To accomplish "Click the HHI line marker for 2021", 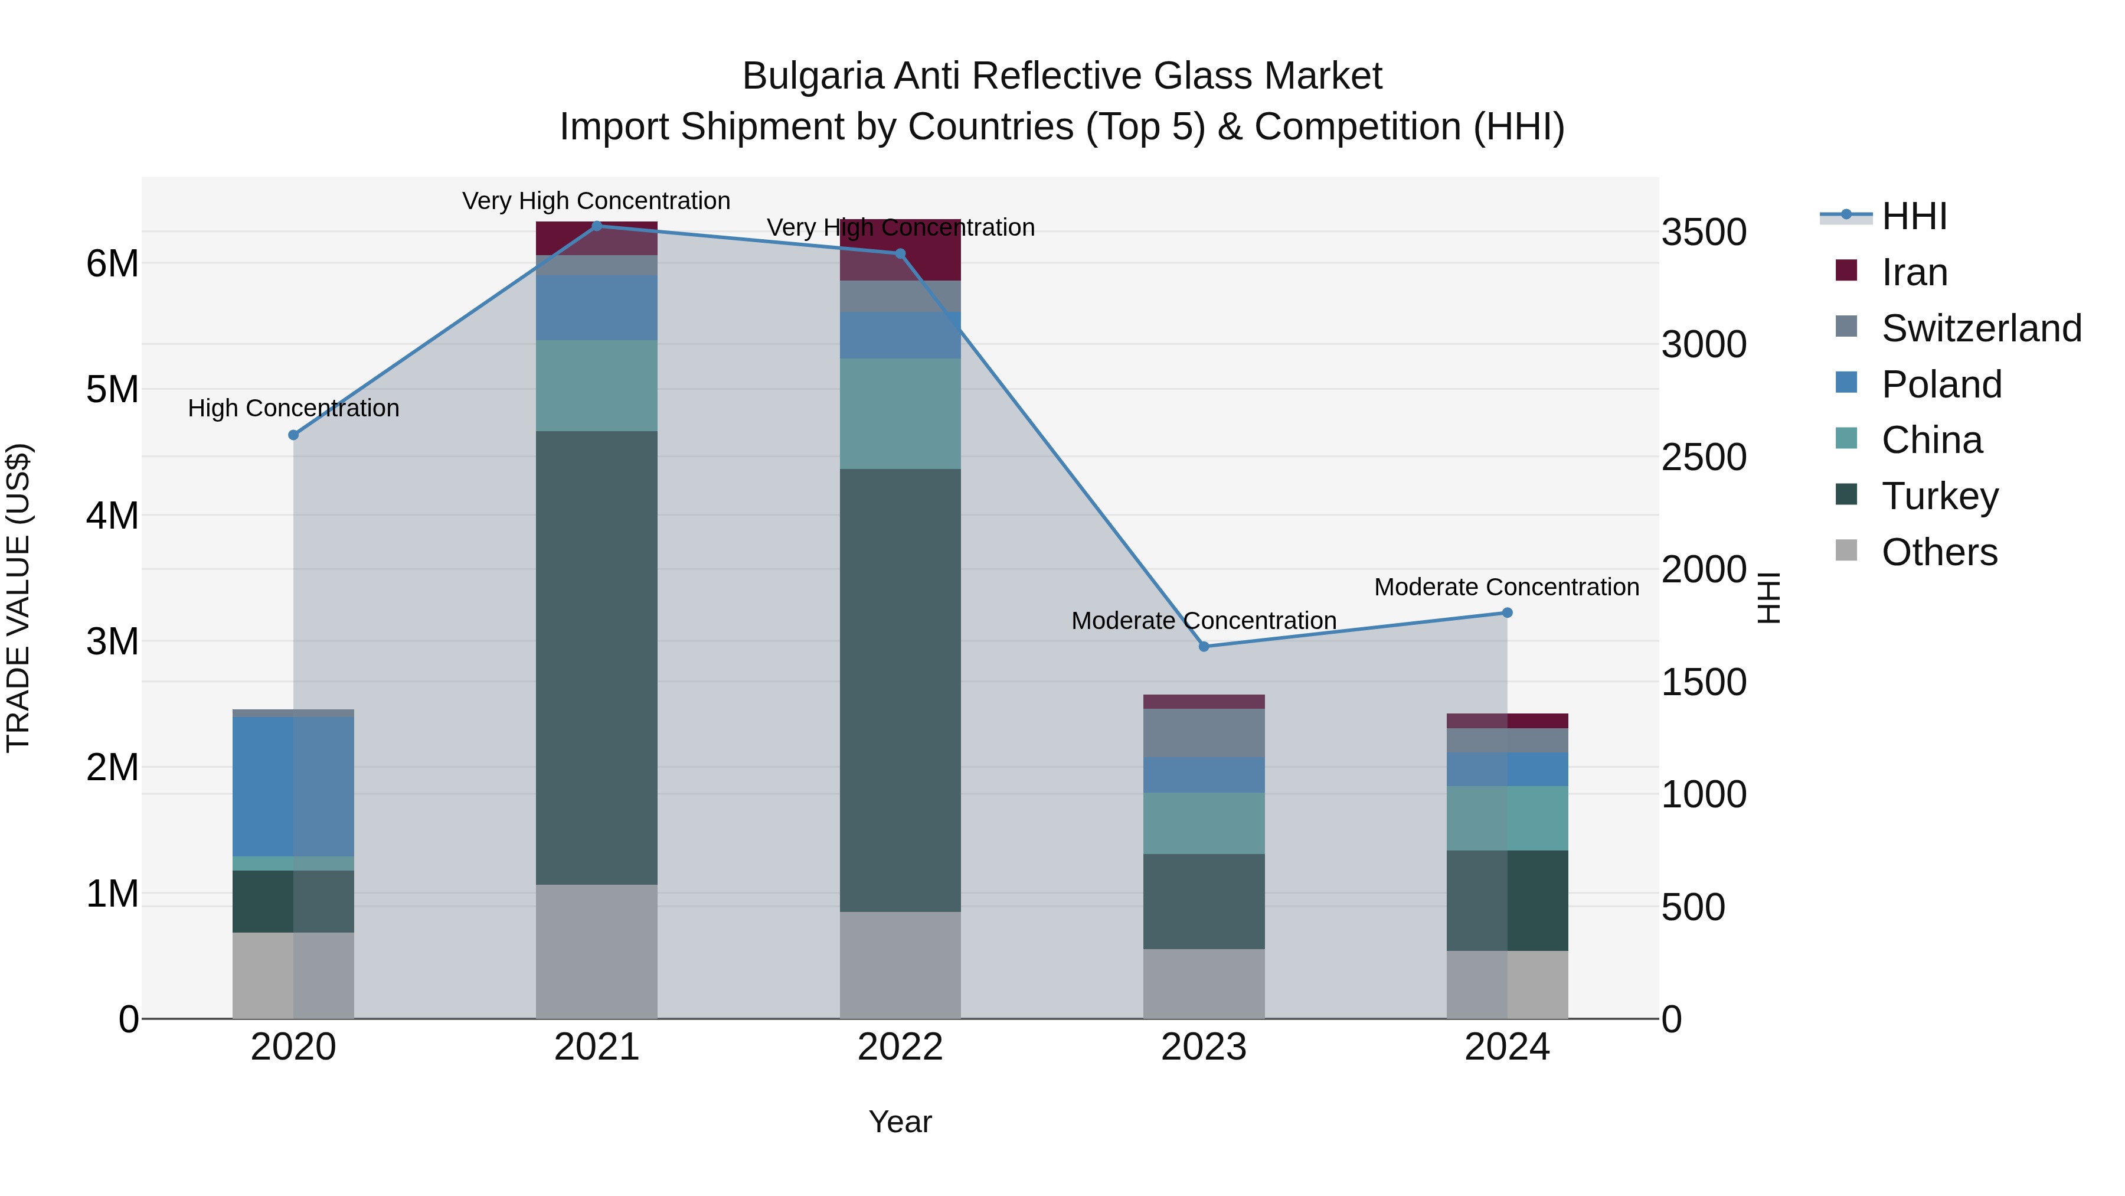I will (x=596, y=226).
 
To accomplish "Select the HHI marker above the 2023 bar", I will (x=1204, y=646).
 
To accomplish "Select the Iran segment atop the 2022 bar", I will (x=900, y=249).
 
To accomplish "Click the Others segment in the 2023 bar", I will (x=1204, y=983).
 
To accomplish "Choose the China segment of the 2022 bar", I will (x=900, y=413).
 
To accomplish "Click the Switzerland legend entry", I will (x=1980, y=328).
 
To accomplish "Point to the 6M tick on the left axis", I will (x=112, y=264).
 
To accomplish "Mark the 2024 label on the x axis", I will (x=1506, y=1047).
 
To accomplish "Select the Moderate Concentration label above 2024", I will (x=1506, y=587).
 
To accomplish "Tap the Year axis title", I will (x=900, y=1122).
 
